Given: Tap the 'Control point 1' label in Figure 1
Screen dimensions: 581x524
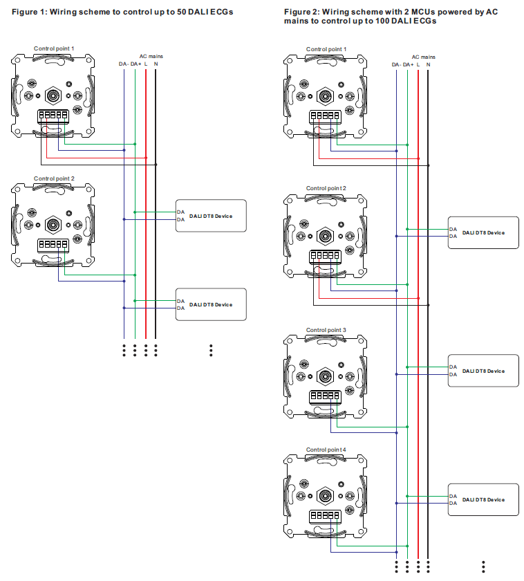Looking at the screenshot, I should pos(54,49).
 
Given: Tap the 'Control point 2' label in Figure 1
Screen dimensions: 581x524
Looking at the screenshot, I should pos(54,178).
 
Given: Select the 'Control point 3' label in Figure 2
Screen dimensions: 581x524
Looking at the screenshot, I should pos(326,330).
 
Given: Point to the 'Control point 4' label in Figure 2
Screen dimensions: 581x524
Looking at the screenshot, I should pos(326,450).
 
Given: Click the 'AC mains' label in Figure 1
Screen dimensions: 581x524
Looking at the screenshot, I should pos(151,56).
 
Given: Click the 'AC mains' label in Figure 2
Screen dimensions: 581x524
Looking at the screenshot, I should pos(424,57).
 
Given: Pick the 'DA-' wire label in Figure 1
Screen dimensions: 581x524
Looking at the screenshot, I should pos(123,64).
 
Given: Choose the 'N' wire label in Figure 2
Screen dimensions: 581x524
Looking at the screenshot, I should pos(429,64).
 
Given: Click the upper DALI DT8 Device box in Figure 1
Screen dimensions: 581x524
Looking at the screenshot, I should pos(212,216).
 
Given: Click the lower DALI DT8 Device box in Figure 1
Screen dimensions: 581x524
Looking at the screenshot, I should pos(212,304).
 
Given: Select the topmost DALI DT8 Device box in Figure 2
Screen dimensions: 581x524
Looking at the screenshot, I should pos(483,232).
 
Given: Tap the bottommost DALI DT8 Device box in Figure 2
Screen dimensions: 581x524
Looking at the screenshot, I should pos(483,499).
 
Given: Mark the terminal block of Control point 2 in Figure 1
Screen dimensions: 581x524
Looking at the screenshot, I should pos(53,245).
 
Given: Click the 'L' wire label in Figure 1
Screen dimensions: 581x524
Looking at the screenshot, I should pos(146,64).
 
